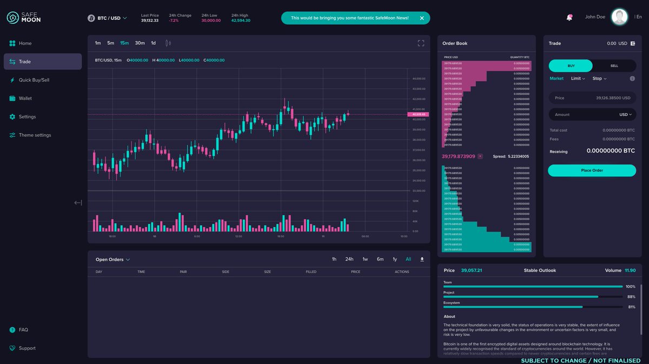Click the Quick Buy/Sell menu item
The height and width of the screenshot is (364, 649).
(x=34, y=80)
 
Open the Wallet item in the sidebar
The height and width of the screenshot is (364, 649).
(x=25, y=98)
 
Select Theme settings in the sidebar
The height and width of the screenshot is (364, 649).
(x=35, y=135)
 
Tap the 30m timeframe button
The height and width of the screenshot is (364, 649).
(x=140, y=43)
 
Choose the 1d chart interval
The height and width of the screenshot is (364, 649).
(x=153, y=43)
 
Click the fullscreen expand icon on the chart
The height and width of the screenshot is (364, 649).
(x=421, y=43)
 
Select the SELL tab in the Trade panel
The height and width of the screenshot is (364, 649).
(x=614, y=66)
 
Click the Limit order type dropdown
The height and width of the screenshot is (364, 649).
(x=578, y=78)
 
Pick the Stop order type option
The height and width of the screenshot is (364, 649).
(x=599, y=78)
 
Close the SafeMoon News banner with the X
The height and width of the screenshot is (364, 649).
(x=422, y=18)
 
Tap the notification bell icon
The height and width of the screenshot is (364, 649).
(x=569, y=17)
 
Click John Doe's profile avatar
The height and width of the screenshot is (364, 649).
(x=619, y=17)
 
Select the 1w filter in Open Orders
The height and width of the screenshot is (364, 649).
(x=365, y=259)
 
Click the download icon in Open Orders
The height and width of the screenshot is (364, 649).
(x=422, y=259)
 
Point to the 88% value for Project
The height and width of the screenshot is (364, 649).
(x=631, y=296)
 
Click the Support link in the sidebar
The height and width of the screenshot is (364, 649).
(x=27, y=348)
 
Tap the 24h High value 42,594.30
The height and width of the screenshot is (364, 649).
(x=241, y=21)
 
